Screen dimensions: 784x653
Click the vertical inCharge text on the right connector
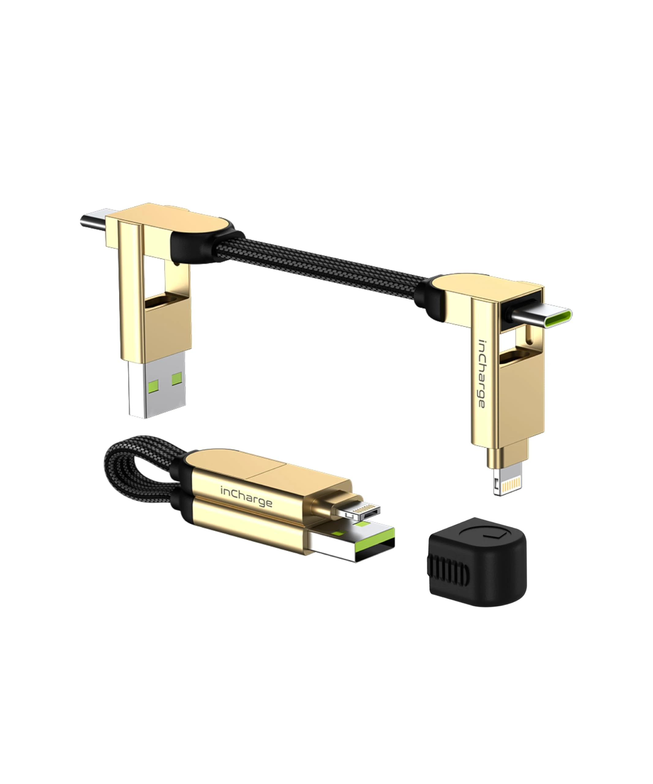click(482, 373)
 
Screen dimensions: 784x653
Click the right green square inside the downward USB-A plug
click(177, 379)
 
